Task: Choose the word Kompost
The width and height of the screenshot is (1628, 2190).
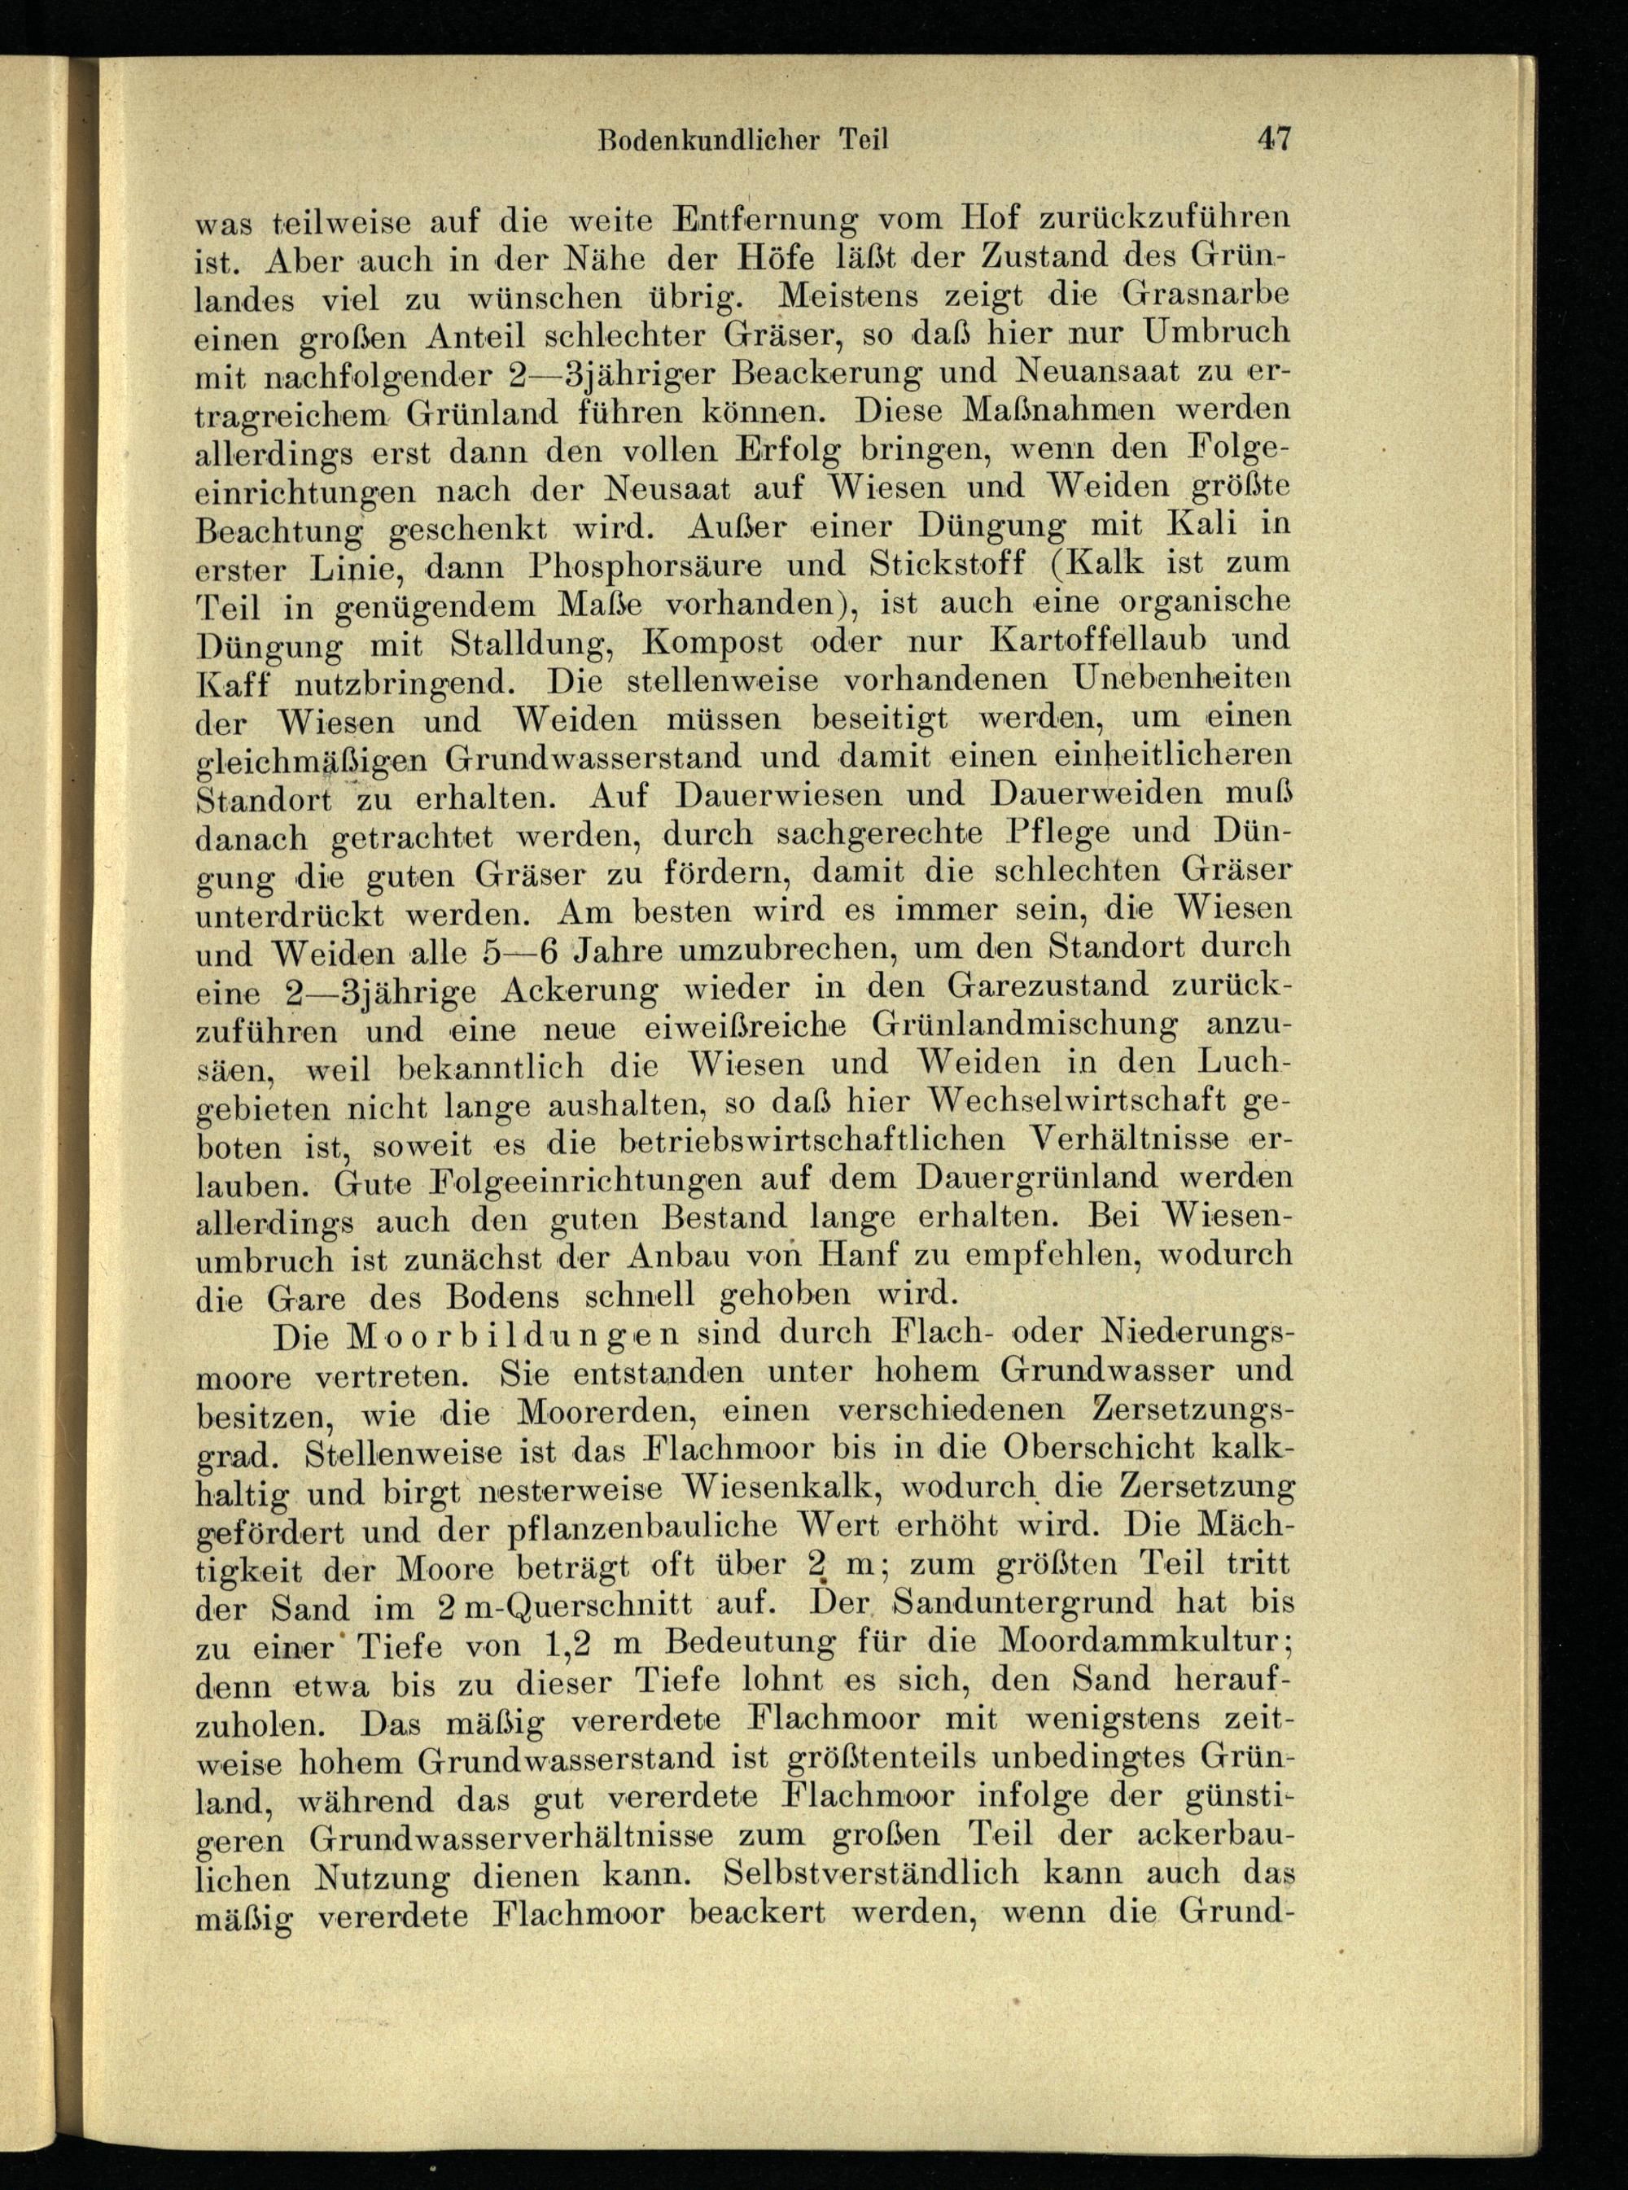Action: coord(715,642)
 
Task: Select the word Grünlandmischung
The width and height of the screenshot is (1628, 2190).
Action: coord(1026,1025)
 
